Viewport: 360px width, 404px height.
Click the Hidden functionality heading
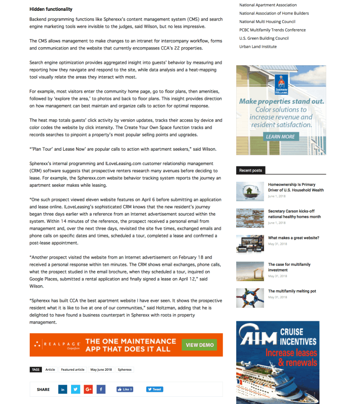[x=51, y=9]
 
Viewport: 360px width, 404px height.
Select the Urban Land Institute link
[x=258, y=46]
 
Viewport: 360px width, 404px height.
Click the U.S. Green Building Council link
[x=264, y=38]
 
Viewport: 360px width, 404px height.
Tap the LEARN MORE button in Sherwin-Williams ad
[x=280, y=136]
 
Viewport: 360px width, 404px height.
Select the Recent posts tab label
[x=251, y=171]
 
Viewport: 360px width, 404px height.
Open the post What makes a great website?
[x=293, y=238]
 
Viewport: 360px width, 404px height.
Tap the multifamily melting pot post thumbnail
[x=250, y=297]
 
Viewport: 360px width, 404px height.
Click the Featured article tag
[x=73, y=369]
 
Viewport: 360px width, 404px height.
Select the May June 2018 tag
[x=101, y=369]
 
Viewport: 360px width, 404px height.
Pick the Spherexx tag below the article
[x=125, y=369]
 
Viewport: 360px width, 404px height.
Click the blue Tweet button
[x=154, y=389]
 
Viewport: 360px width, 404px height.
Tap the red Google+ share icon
[x=88, y=389]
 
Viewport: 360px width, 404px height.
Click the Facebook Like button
[x=125, y=389]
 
